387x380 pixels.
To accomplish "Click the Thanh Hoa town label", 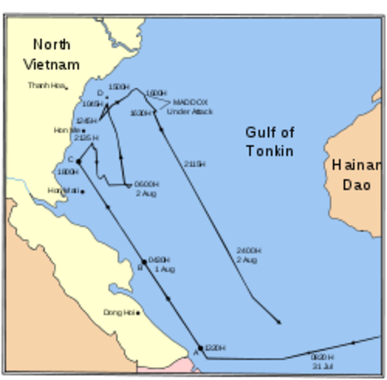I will [44, 85].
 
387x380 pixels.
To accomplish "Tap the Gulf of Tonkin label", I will [270, 141].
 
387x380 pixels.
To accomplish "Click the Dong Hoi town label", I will [118, 313].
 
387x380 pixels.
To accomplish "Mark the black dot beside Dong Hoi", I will [138, 313].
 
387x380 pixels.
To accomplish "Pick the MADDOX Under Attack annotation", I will [189, 107].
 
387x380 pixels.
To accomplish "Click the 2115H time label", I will [194, 164].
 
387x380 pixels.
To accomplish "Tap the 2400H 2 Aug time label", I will [247, 255].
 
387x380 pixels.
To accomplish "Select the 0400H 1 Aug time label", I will [161, 264].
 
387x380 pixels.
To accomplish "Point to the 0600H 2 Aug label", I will [147, 188].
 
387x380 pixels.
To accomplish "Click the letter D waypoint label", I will [100, 93].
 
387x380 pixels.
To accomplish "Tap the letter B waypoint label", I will [140, 268].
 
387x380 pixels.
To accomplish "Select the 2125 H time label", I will [85, 138].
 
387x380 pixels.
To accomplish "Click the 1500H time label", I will [119, 85].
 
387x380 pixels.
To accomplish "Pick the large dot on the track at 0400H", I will [144, 261].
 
